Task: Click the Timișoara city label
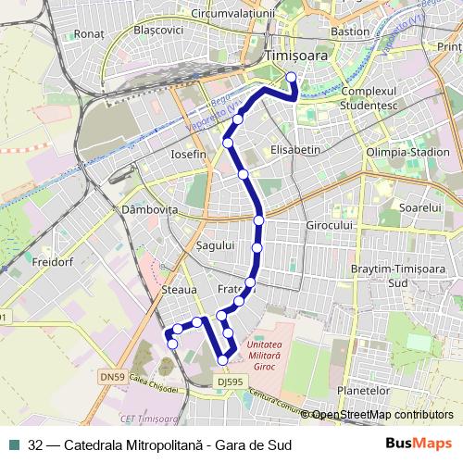click(x=295, y=56)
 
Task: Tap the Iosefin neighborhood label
click(x=188, y=154)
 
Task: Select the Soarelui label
click(x=421, y=208)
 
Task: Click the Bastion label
click(x=349, y=31)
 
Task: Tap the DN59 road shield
click(x=111, y=377)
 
